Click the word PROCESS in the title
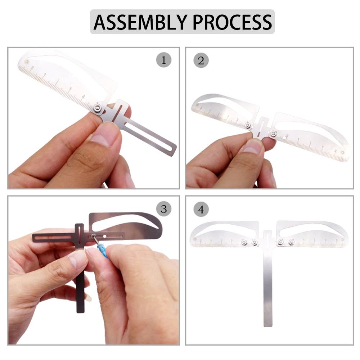click(x=232, y=22)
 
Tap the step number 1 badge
click(x=164, y=60)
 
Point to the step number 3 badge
click(x=164, y=209)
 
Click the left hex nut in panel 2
click(x=248, y=125)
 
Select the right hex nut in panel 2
click(x=273, y=133)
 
